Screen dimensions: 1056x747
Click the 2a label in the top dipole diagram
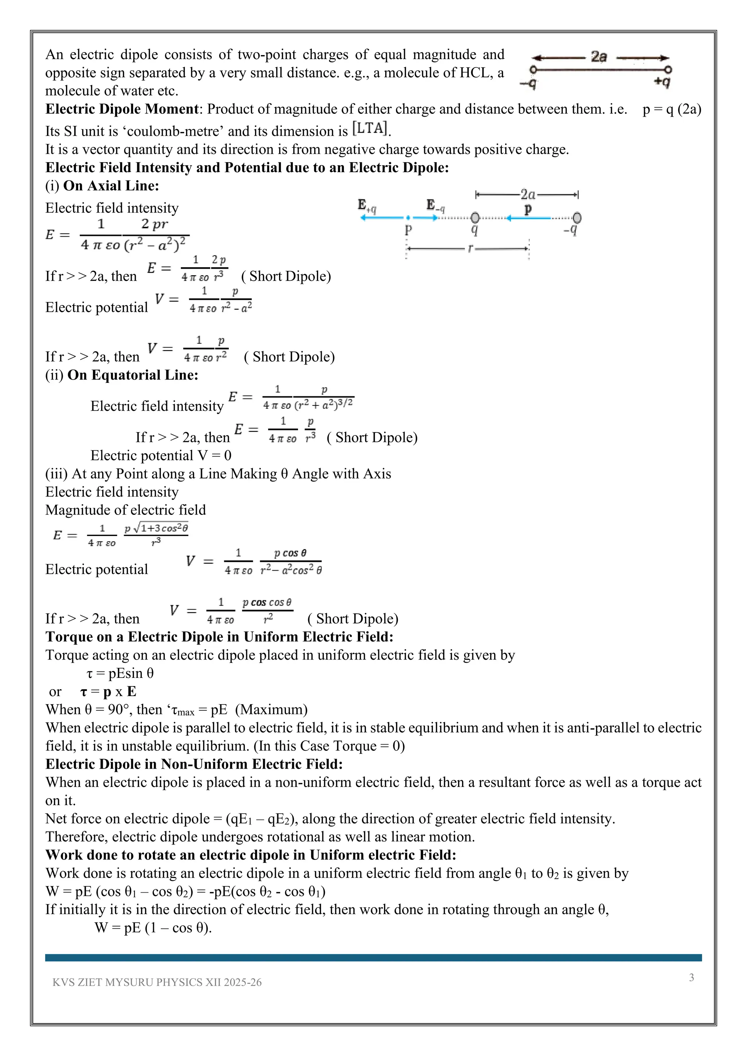click(599, 57)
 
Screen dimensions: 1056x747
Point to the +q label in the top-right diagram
click(662, 82)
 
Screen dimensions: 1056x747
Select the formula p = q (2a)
click(671, 109)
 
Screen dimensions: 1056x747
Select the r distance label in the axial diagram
click(470, 249)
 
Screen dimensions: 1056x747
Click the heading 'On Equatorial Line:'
click(132, 375)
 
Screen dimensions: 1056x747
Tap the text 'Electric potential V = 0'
click(160, 455)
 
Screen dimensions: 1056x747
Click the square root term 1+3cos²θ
click(160, 528)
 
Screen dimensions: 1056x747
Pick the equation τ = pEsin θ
click(120, 673)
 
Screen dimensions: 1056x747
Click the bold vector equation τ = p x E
click(108, 691)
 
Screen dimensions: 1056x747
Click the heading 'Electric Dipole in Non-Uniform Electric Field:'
click(194, 764)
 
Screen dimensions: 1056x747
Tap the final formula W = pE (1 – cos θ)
click(153, 927)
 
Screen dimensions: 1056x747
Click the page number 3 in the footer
click(691, 977)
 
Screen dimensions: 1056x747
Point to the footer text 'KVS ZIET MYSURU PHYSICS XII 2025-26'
click(157, 982)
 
